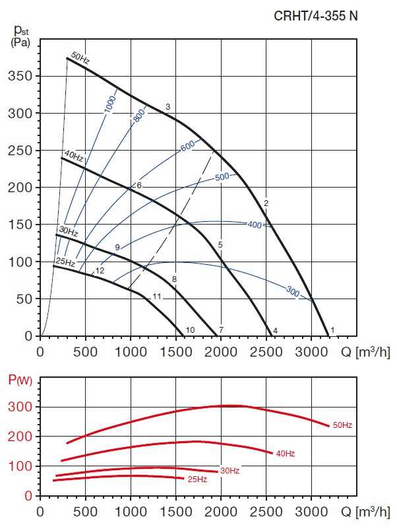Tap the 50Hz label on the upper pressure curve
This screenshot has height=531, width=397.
click(x=80, y=59)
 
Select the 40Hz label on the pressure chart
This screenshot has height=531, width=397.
click(x=73, y=156)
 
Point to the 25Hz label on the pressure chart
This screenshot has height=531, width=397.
click(x=65, y=261)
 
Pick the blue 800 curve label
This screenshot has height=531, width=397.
click(x=138, y=116)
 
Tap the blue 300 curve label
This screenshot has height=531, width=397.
click(x=293, y=291)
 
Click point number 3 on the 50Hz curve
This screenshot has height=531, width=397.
click(x=168, y=107)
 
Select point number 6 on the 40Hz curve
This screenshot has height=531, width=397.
click(x=139, y=186)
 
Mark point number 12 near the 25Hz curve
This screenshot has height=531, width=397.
click(x=100, y=271)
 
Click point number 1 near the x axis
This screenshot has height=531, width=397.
click(x=333, y=330)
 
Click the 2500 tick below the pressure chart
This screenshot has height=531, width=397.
click(x=266, y=349)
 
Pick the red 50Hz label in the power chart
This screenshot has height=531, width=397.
click(x=342, y=425)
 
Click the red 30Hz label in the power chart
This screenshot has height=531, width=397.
click(x=229, y=471)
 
